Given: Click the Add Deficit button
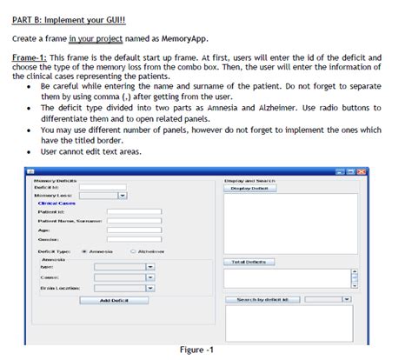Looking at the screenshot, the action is click(x=114, y=300).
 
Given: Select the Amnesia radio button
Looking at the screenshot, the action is click(x=83, y=250).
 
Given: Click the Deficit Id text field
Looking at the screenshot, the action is click(x=102, y=187).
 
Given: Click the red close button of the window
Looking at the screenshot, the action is click(x=361, y=171).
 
